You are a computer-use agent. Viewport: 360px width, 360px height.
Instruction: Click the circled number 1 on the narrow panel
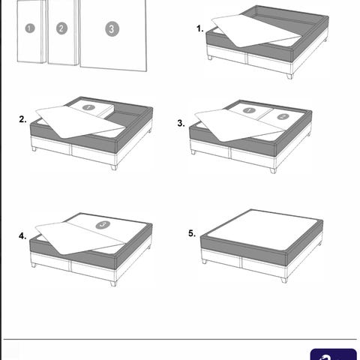tap(30, 28)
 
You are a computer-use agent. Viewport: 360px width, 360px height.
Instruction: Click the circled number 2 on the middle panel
tap(61, 28)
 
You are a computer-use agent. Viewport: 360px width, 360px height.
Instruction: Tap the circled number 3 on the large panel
tap(112, 29)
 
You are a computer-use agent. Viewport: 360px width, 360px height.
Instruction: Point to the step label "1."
tap(200, 28)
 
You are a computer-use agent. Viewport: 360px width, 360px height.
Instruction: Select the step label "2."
tap(22, 119)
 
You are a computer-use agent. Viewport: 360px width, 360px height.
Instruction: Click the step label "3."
tap(181, 123)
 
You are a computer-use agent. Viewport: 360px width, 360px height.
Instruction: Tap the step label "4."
tap(22, 235)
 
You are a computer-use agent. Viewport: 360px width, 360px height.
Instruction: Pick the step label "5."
tap(192, 233)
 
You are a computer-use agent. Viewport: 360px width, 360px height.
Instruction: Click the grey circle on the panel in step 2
tap(88, 107)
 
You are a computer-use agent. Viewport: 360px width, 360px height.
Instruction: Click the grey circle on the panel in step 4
tap(103, 225)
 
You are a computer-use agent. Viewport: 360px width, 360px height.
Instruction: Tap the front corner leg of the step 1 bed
tap(289, 76)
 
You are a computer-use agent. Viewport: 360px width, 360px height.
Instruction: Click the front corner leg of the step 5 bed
tap(284, 280)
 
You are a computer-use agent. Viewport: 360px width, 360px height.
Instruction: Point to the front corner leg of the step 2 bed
tap(114, 167)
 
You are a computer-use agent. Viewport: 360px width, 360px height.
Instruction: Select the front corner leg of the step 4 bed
tap(113, 283)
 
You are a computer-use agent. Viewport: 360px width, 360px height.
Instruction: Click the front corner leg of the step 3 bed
tap(273, 170)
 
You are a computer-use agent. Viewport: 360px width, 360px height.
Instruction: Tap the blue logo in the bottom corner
tap(334, 354)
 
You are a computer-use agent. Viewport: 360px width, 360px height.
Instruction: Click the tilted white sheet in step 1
tap(256, 31)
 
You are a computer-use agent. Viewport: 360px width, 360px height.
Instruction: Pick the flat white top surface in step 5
tap(263, 229)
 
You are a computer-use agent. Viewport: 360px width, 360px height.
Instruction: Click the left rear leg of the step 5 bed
tap(205, 261)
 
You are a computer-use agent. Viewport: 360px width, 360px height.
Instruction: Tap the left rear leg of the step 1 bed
tap(210, 58)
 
